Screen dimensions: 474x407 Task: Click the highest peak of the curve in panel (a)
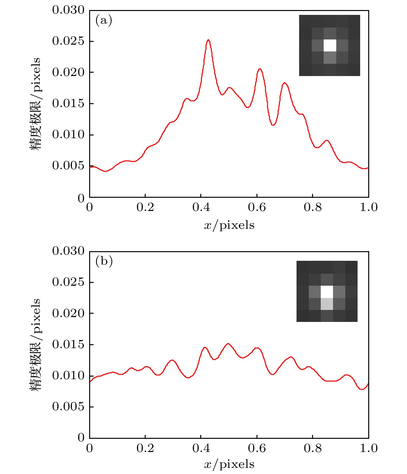208,40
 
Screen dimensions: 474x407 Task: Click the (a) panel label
104,21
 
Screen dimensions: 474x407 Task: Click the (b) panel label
104,261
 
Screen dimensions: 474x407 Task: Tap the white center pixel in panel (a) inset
330,45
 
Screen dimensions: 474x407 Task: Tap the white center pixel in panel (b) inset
327,292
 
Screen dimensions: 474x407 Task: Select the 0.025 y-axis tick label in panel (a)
68,41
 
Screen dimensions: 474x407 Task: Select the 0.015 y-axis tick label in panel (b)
68,344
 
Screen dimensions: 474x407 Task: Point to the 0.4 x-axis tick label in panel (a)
201,207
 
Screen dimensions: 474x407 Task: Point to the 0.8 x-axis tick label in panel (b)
313,448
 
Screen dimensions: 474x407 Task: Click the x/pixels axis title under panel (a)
229,225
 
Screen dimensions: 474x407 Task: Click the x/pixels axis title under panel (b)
229,465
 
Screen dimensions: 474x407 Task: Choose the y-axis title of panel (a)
36,104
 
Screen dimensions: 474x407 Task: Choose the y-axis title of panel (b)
36,344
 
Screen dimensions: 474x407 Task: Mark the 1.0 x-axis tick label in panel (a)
369,207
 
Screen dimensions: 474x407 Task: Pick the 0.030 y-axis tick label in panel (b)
68,251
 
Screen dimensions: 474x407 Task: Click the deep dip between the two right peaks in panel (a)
273,125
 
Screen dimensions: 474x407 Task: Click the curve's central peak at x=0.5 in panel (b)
228,344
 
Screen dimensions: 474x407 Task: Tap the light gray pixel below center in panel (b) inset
327,304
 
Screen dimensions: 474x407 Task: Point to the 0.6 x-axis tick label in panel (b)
257,448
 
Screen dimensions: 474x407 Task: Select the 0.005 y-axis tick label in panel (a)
68,166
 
